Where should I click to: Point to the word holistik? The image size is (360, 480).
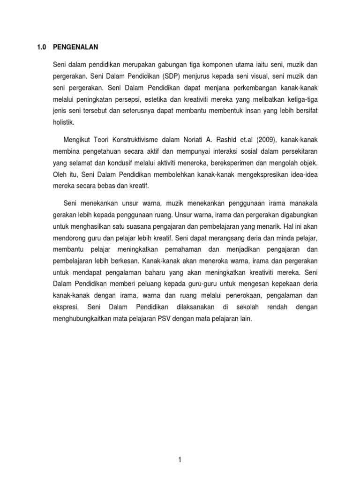click(64, 122)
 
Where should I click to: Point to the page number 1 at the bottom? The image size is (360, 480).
click(180, 448)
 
